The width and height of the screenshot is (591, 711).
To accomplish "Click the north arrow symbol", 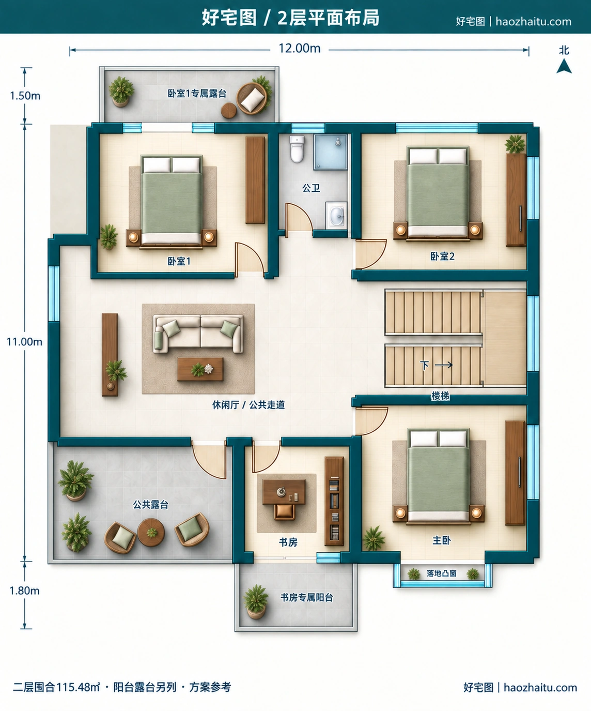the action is pos(564,66).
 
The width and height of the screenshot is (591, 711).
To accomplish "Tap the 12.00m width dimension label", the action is pos(300,49).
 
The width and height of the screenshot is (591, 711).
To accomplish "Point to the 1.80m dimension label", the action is pos(24,591).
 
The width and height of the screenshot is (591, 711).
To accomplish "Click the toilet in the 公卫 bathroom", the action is pos(297,149).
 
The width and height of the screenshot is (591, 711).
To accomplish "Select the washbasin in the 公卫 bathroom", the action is pos(336,215).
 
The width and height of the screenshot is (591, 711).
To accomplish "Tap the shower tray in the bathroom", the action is pos(331,152).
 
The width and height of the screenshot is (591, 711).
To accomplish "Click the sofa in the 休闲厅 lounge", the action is pos(198,334).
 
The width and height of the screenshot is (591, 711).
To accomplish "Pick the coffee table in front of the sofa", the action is pos(200,369).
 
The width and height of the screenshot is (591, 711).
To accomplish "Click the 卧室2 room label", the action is pos(442,256).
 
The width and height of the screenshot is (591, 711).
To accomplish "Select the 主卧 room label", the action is pos(441,540).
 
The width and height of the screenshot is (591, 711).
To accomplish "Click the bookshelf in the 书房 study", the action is pos(334,501).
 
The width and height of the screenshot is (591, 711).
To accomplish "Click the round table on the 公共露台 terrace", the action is pos(151,532).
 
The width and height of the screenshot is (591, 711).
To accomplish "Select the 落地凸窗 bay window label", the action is pos(441,573).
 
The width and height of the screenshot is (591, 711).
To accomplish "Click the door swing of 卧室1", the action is pos(249,258).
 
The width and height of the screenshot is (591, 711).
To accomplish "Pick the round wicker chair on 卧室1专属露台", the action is pos(252,99).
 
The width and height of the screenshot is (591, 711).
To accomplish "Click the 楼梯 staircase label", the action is pos(440,396).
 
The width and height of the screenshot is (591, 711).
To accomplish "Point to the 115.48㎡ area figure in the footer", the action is pos(78,687).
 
